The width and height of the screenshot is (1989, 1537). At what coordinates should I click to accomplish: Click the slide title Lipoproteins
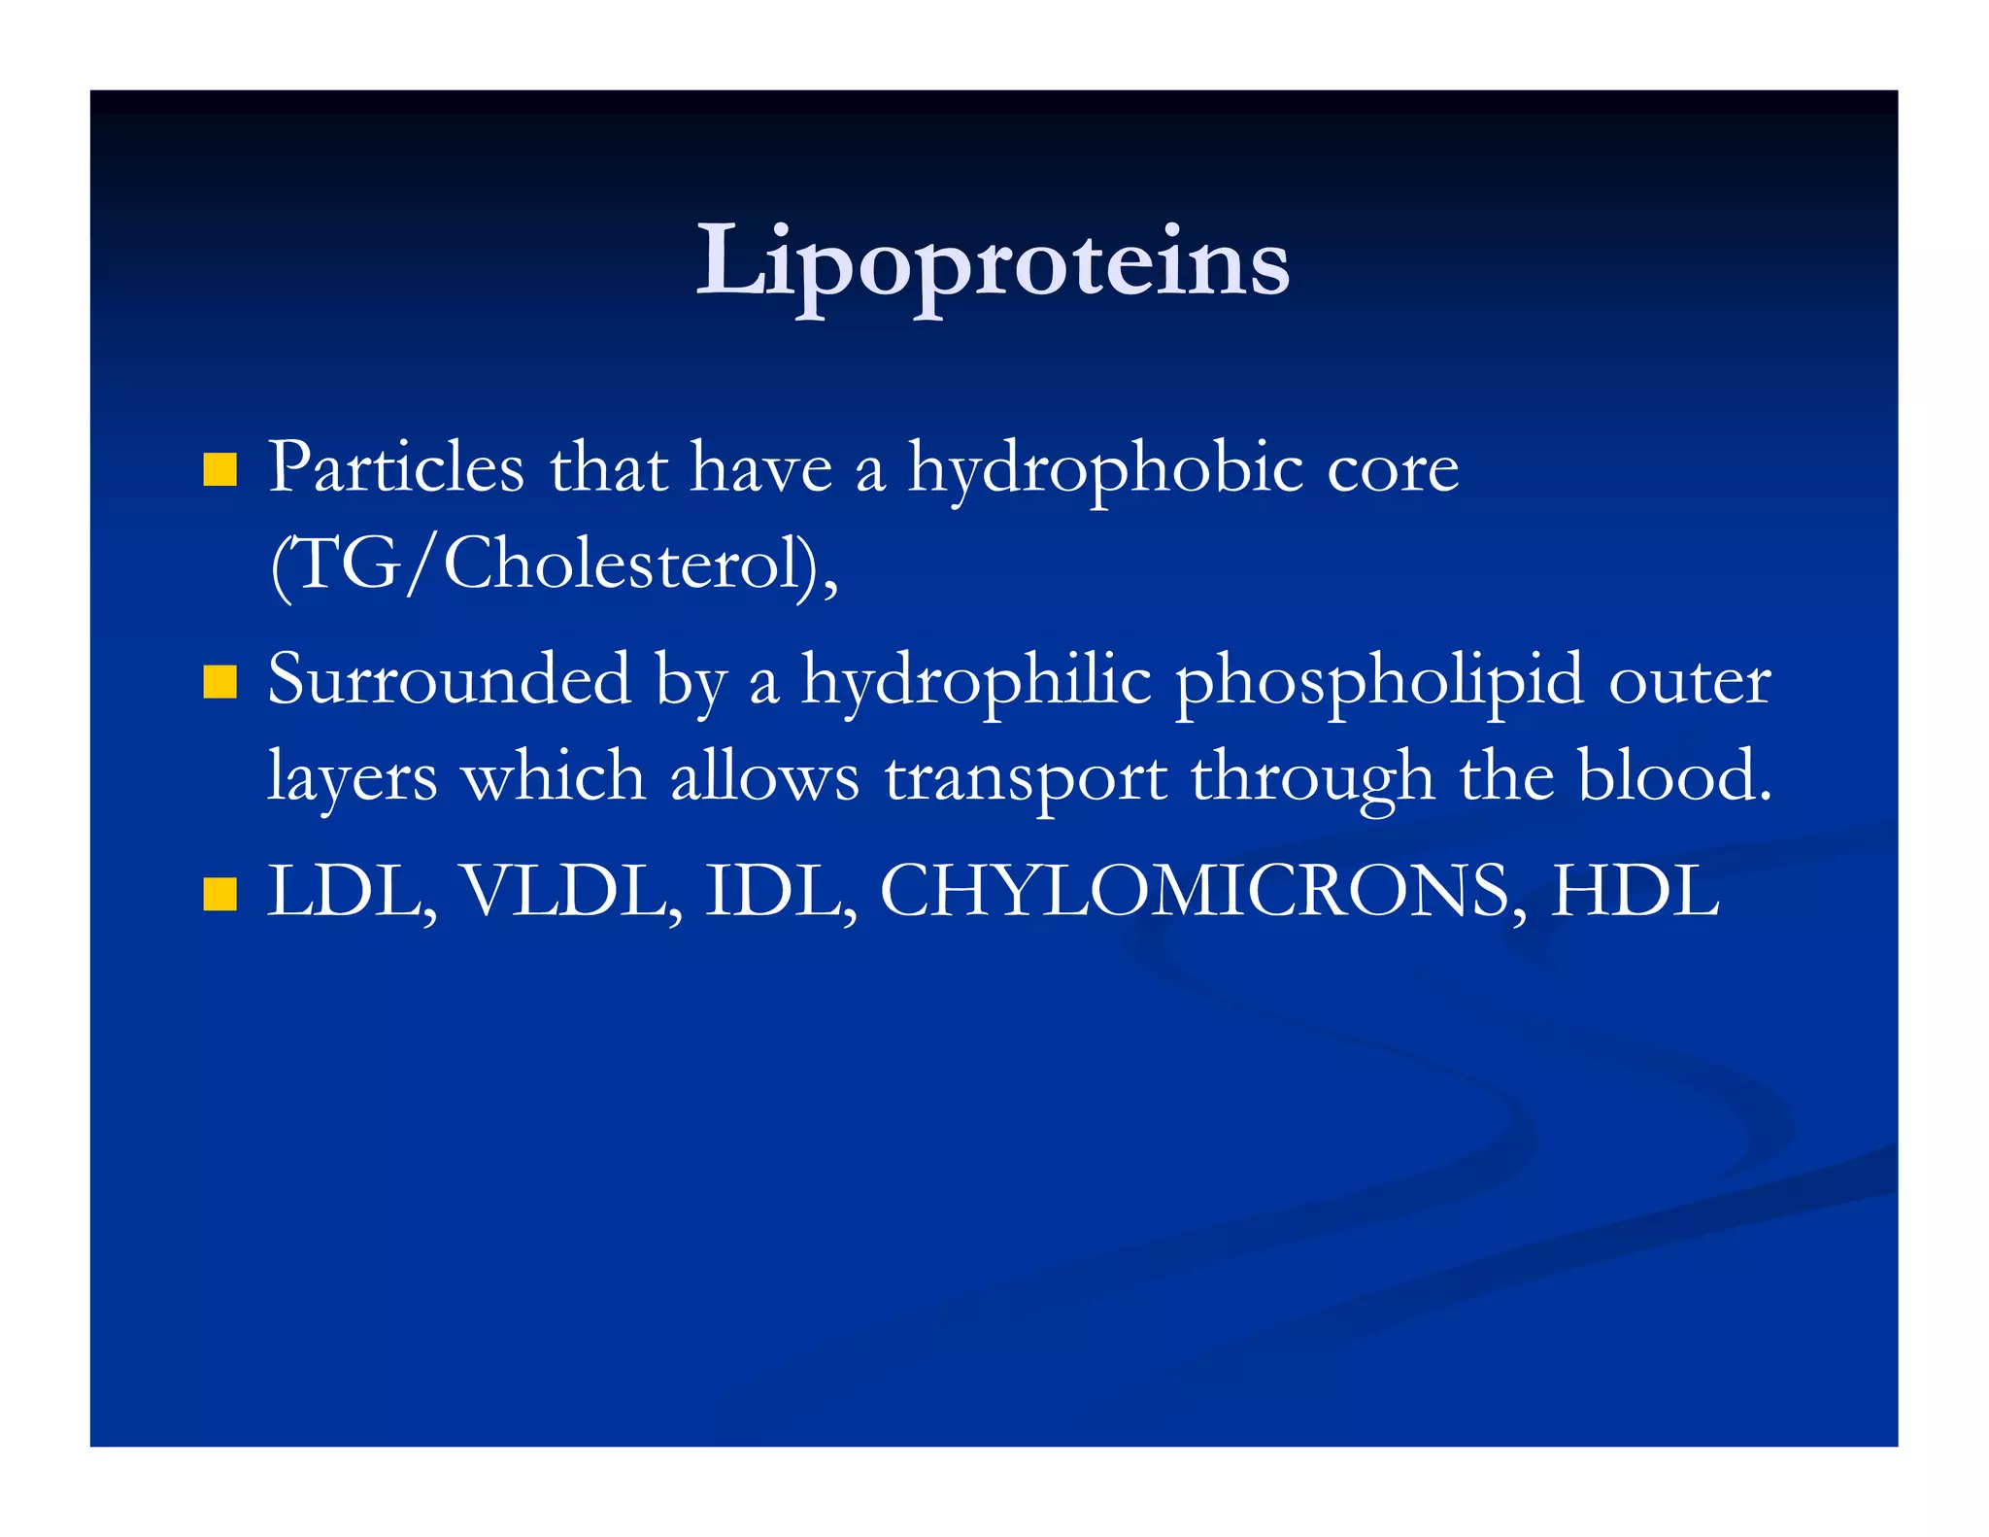[x=993, y=262]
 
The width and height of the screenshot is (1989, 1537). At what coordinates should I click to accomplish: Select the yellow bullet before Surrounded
[x=220, y=682]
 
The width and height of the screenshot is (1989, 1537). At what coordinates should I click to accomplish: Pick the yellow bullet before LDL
[x=220, y=894]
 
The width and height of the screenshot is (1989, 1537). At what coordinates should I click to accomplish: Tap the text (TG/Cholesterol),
[x=554, y=565]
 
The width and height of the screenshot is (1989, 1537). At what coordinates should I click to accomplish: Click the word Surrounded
[x=449, y=680]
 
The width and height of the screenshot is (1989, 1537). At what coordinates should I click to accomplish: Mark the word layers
[x=352, y=779]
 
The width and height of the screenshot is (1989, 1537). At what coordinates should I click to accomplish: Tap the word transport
[x=1026, y=779]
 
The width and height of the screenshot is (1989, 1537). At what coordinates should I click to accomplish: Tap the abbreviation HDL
[x=1635, y=892]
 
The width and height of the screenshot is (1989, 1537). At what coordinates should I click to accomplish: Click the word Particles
[x=395, y=468]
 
